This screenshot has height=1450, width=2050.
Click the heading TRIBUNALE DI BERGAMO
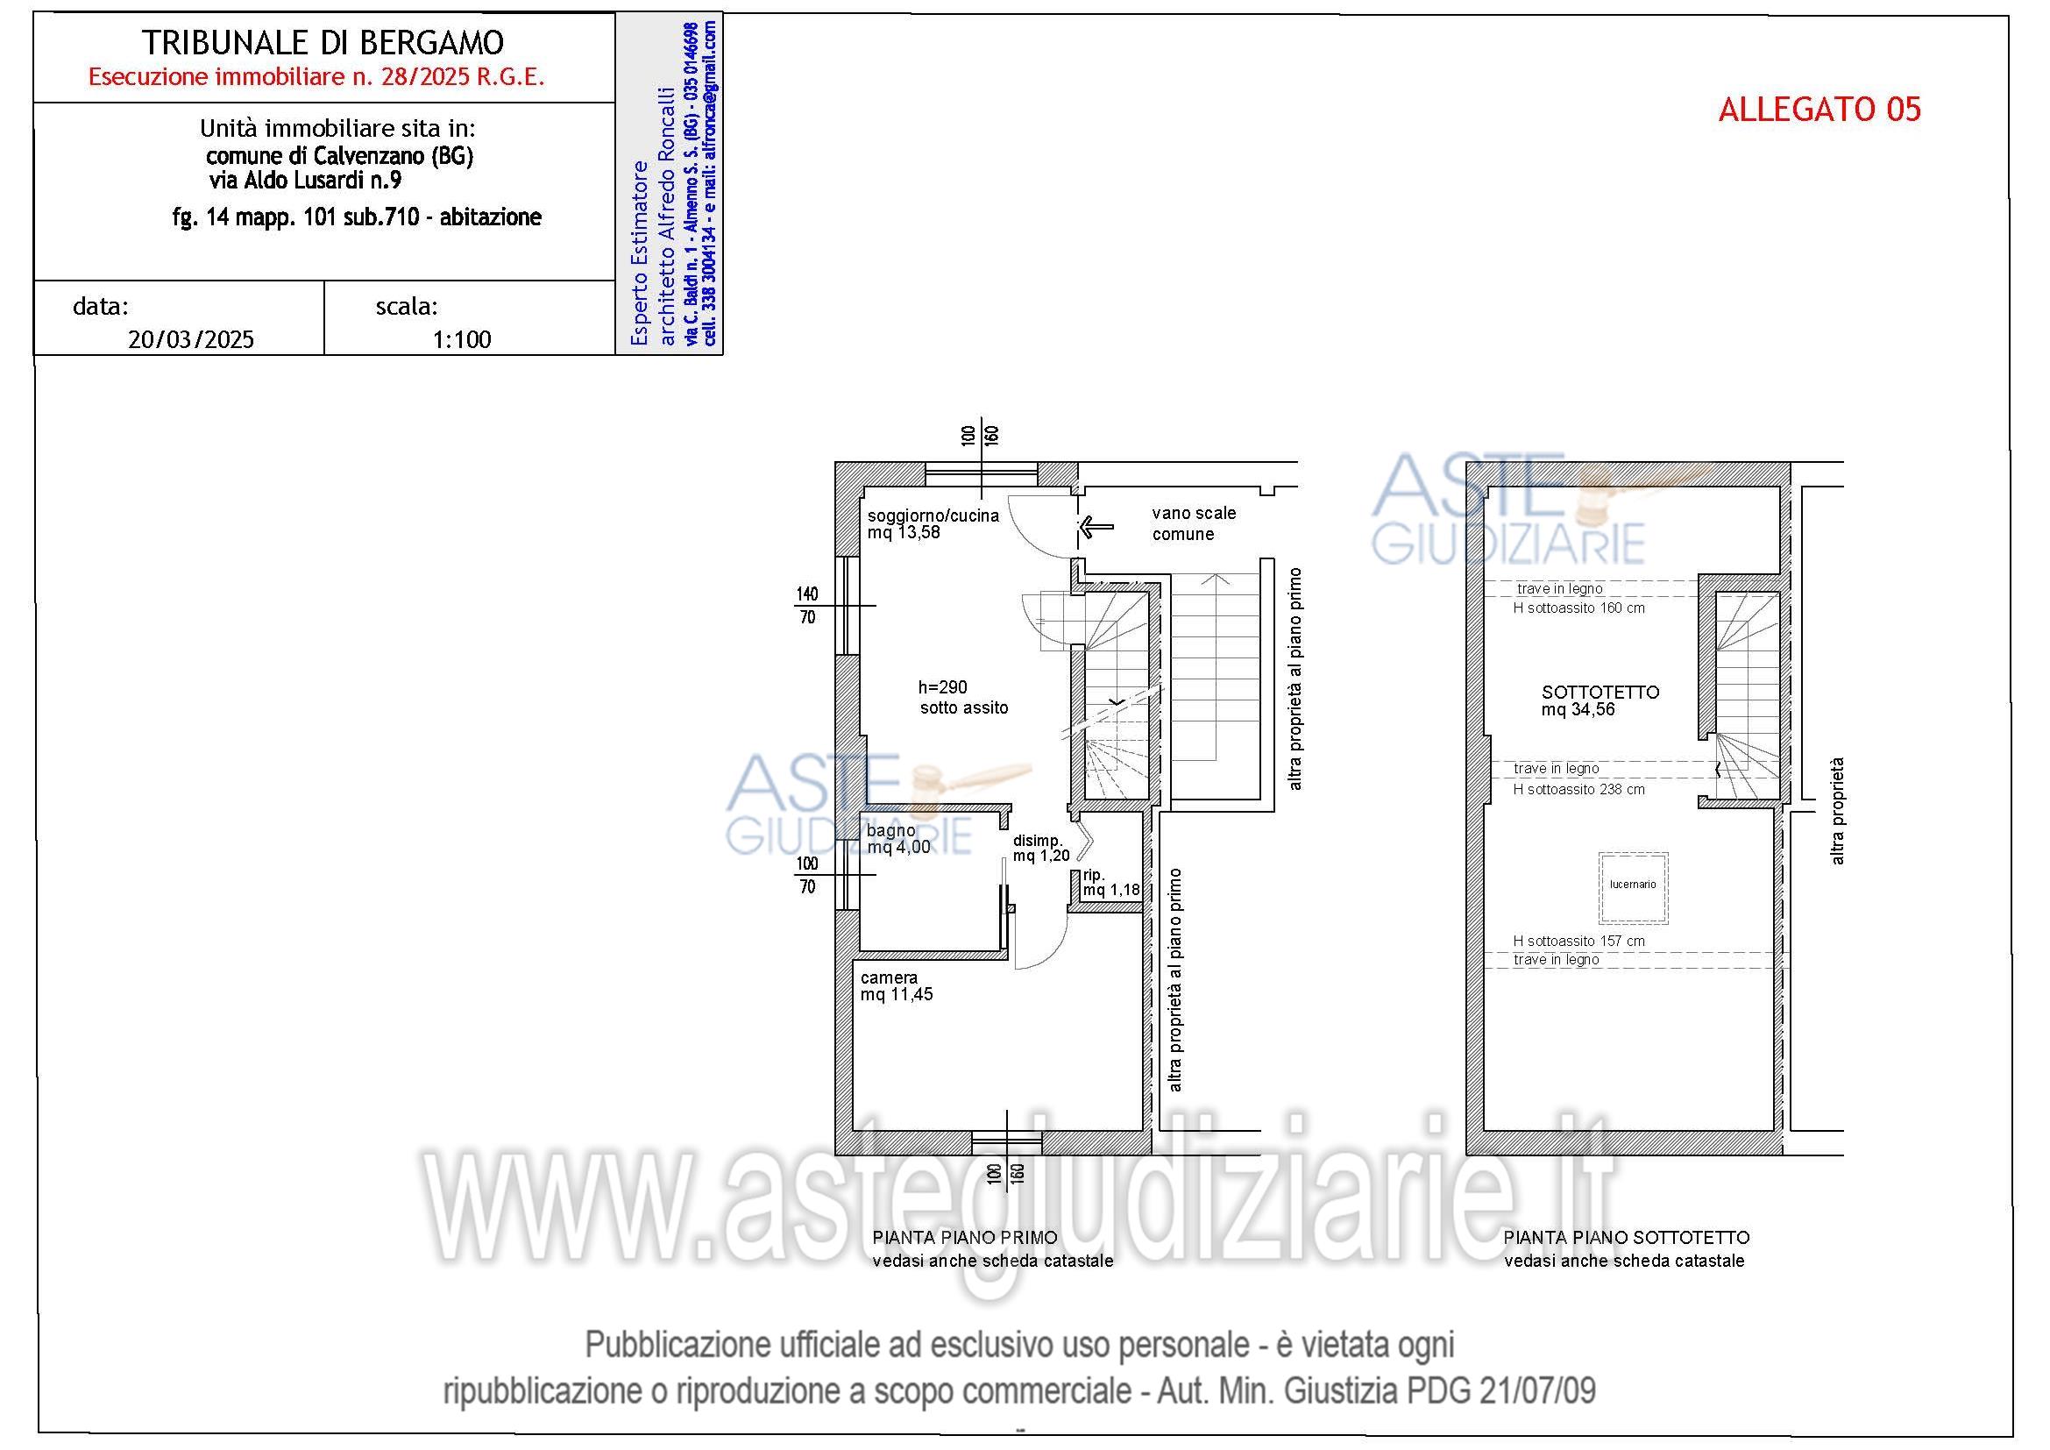(323, 42)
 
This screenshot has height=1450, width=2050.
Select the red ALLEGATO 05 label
(1819, 109)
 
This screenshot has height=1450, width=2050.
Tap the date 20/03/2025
(191, 339)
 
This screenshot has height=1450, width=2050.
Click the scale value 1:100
(462, 339)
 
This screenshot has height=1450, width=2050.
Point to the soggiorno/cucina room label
(933, 516)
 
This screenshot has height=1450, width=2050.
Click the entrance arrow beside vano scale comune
(1096, 527)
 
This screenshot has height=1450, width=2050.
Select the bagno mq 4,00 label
(897, 838)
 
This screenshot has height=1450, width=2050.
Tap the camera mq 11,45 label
(896, 985)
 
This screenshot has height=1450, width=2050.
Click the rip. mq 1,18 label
(1110, 882)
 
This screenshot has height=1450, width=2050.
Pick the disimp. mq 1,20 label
(1040, 849)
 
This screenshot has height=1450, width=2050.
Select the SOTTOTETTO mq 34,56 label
(1600, 701)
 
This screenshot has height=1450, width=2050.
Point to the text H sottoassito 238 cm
(1578, 789)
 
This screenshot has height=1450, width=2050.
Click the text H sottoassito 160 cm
(1578, 608)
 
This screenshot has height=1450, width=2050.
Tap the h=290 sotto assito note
(962, 697)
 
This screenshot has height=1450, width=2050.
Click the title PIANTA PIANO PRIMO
(964, 1238)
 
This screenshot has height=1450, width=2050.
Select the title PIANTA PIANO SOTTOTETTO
(1626, 1238)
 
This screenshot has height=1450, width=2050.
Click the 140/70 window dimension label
(807, 606)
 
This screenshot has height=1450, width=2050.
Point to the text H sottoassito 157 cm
(1578, 941)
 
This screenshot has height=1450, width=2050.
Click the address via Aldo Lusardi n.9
(305, 181)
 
